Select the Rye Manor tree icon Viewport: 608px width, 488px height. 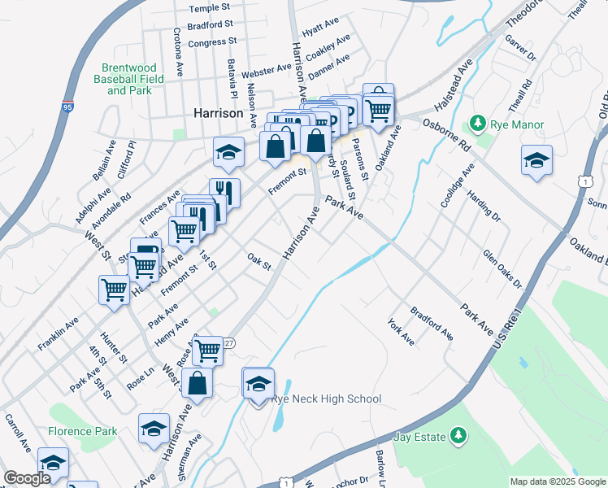tap(478, 124)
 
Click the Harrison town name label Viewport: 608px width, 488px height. tap(219, 114)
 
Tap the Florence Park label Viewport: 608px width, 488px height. tap(83, 431)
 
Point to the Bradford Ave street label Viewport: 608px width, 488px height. tap(432, 323)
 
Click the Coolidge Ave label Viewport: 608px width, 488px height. tap(455, 187)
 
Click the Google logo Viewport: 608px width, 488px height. tap(26, 478)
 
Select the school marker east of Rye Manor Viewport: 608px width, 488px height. tap(536, 161)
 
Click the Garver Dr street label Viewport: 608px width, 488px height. tap(521, 48)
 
